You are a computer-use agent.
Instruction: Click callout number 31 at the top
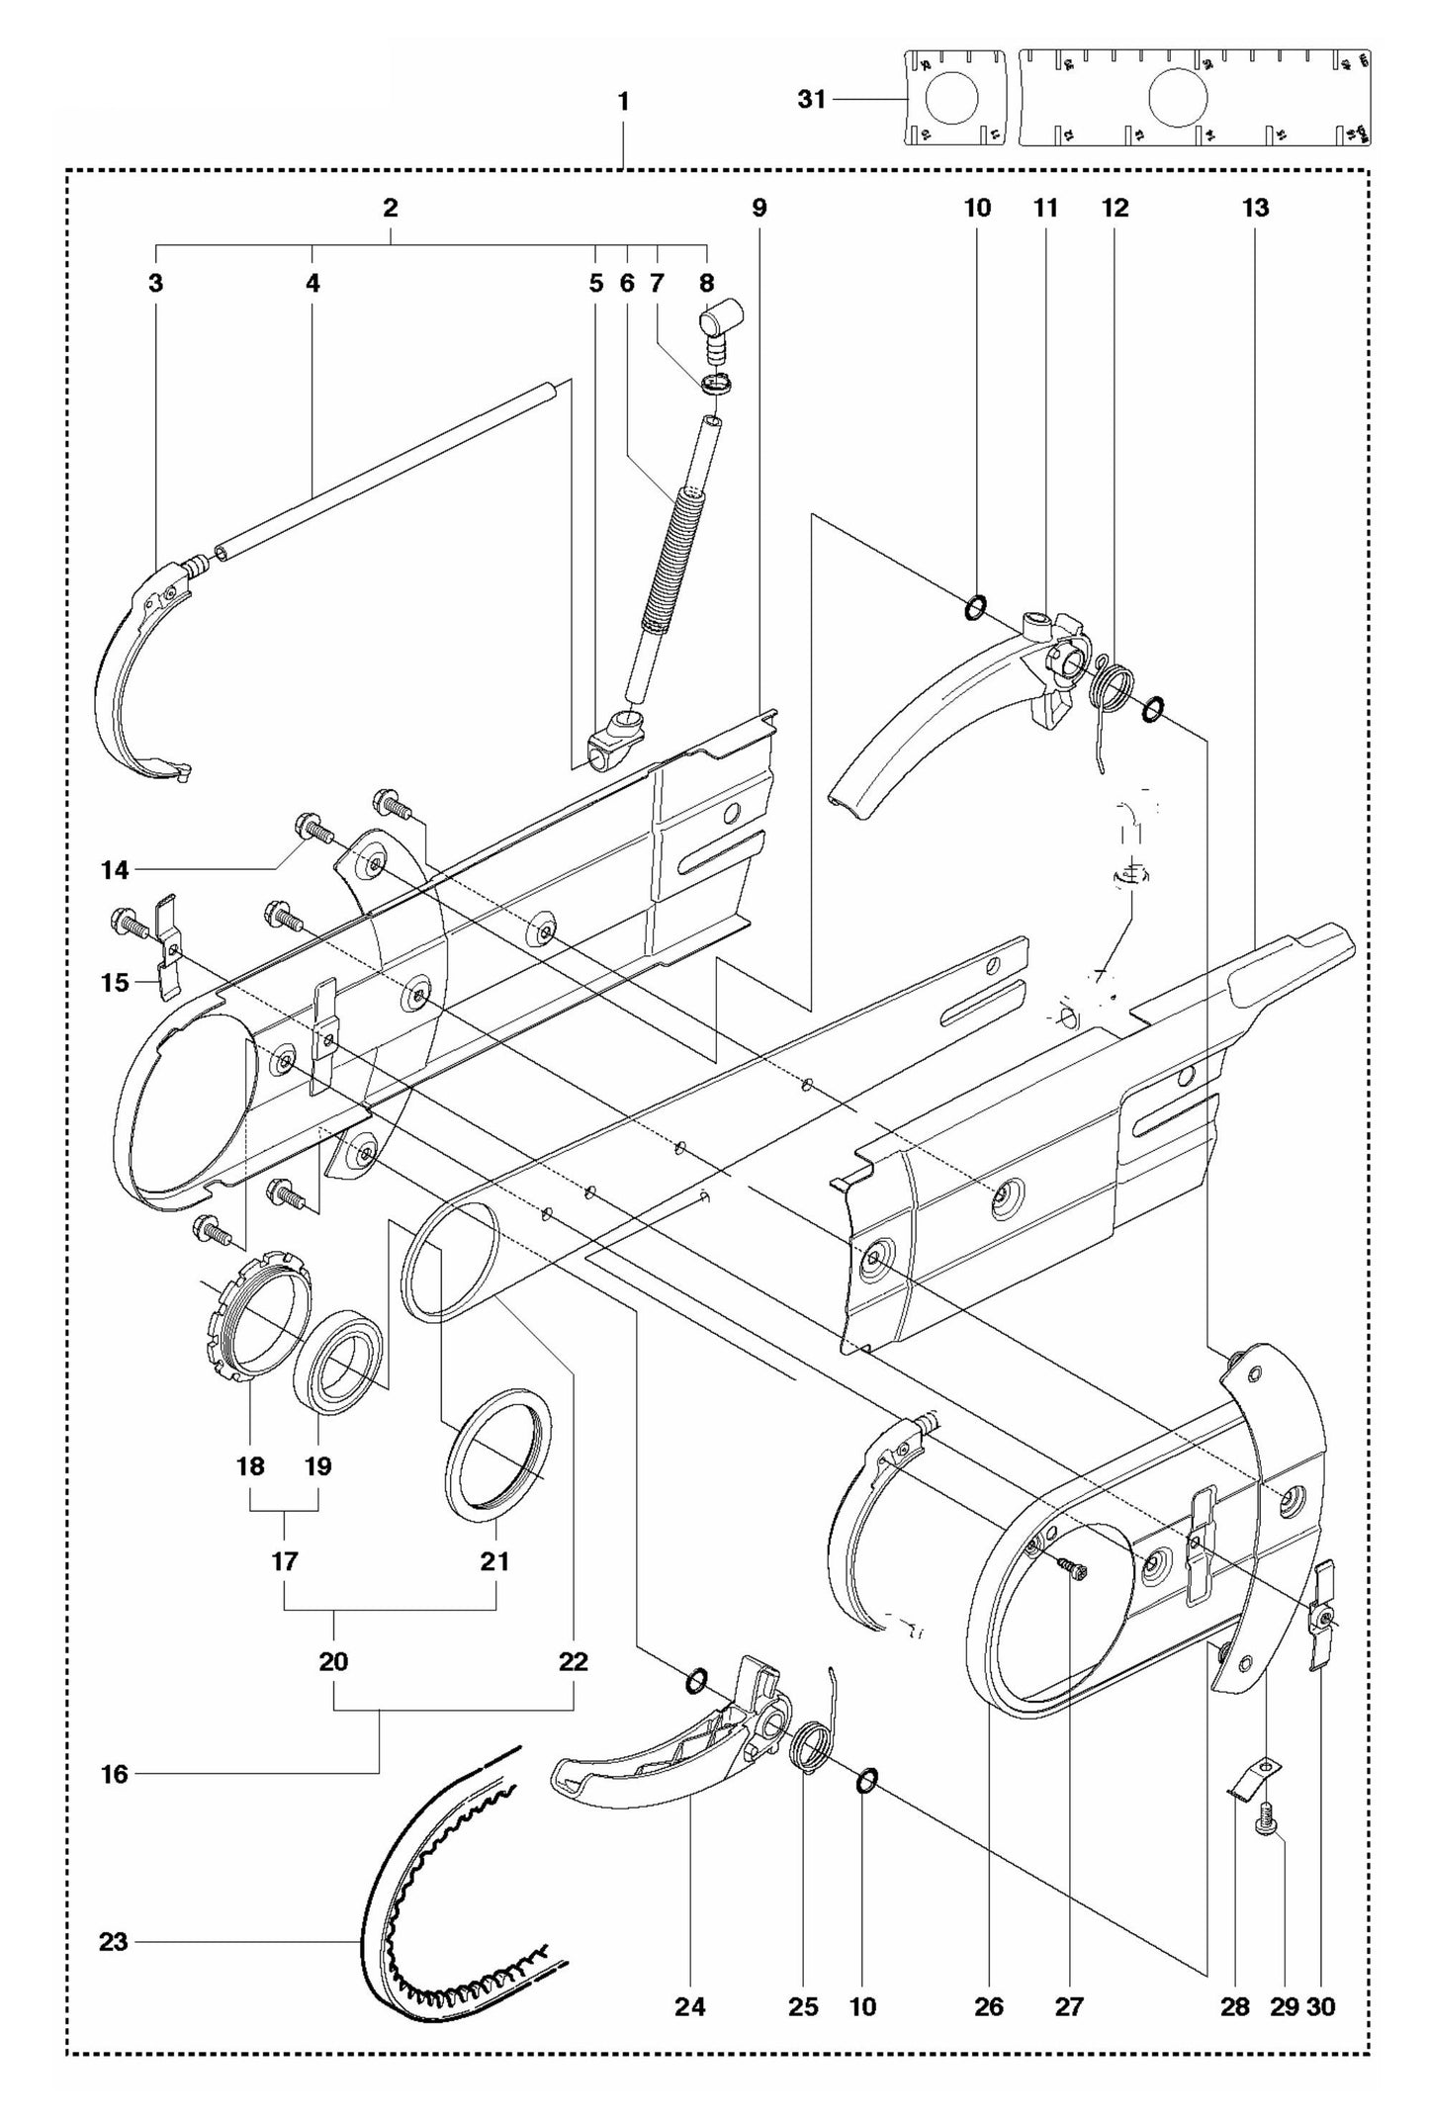pos(811,99)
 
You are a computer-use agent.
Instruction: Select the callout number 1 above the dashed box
pos(623,101)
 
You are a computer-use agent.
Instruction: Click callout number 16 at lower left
pos(115,1774)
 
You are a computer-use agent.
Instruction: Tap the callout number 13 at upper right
pos(1256,208)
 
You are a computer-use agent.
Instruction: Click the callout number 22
pos(574,1661)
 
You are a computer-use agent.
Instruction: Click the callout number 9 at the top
pos(759,208)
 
